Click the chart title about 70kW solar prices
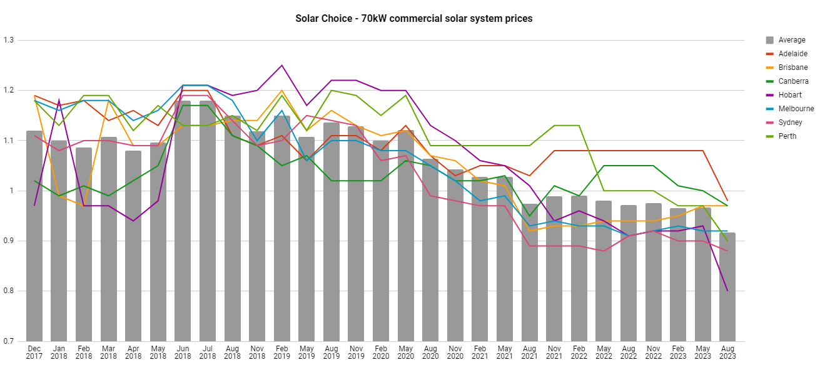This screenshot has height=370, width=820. pos(413,19)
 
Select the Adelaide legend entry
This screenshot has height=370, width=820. pos(792,54)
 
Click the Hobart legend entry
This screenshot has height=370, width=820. pos(789,95)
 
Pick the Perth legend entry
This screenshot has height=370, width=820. pos(787,136)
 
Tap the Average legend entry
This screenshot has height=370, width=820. pos(791,40)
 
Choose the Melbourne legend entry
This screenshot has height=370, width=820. pos(796,109)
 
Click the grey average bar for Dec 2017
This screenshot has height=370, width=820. pos(34,237)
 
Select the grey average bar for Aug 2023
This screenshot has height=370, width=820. pos(727,287)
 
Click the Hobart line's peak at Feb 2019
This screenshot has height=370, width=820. pos(281,65)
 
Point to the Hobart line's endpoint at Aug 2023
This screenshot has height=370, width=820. pos(727,291)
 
